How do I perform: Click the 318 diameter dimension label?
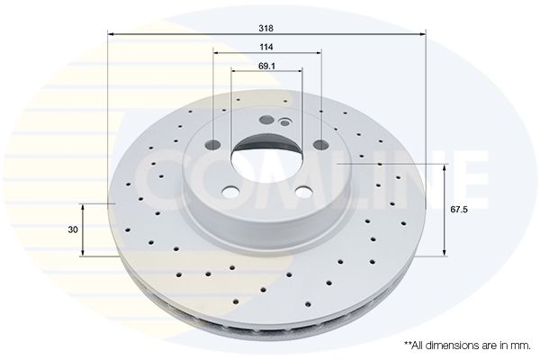[x=265, y=28]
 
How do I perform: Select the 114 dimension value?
[x=266, y=47]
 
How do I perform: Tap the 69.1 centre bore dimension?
[x=266, y=66]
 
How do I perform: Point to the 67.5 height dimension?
[x=459, y=209]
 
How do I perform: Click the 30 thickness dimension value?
[x=73, y=229]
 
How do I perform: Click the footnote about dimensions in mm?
[x=467, y=346]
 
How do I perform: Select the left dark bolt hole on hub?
[x=212, y=145]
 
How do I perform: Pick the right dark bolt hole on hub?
[x=320, y=145]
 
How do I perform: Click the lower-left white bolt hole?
[x=230, y=192]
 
